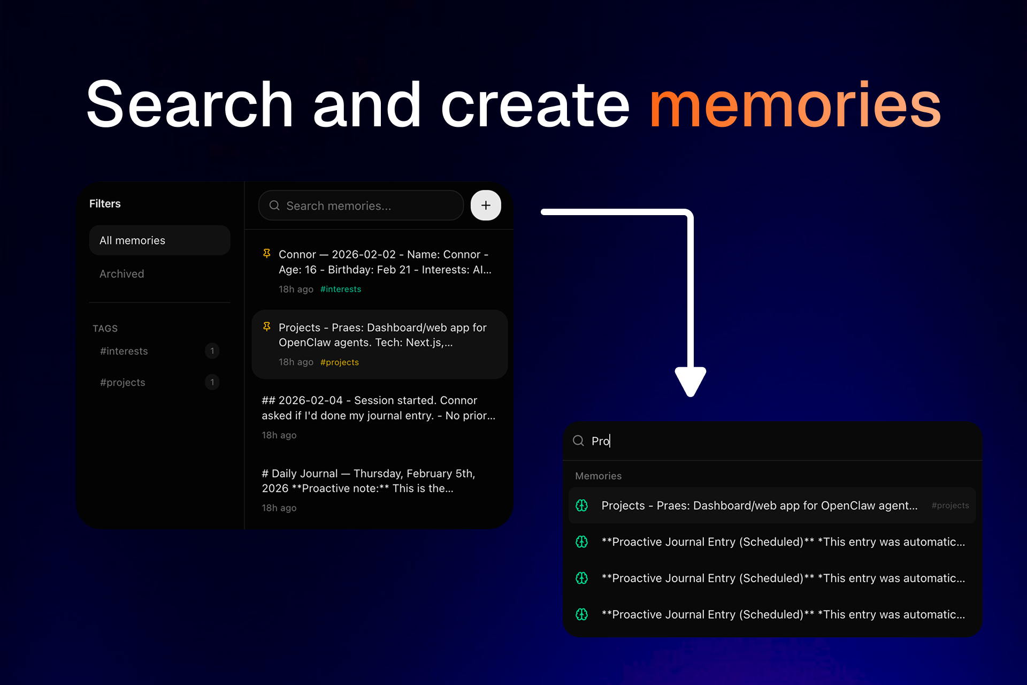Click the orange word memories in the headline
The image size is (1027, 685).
click(795, 105)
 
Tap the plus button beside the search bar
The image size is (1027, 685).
click(486, 205)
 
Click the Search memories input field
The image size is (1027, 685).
click(361, 205)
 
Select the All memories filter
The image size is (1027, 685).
click(159, 240)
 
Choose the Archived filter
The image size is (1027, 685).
click(122, 274)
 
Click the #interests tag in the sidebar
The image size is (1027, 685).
click(124, 351)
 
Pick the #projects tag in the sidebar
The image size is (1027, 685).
click(122, 382)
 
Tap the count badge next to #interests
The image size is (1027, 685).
click(212, 351)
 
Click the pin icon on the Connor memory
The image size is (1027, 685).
click(266, 254)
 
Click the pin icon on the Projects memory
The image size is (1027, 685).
click(266, 327)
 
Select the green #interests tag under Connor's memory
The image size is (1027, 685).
click(341, 289)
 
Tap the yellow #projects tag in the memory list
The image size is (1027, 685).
click(340, 362)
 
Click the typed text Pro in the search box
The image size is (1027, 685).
click(600, 441)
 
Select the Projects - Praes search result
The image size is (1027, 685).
click(759, 506)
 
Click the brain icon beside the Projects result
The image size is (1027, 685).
click(582, 506)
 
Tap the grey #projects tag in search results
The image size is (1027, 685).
click(950, 506)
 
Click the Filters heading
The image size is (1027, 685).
click(105, 203)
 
